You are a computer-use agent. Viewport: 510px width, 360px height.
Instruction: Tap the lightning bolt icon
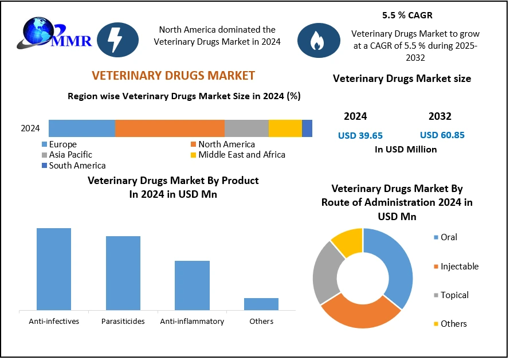(x=117, y=40)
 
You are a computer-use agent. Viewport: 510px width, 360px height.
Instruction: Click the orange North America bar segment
(x=170, y=128)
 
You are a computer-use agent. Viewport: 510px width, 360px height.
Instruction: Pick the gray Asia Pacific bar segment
(x=246, y=128)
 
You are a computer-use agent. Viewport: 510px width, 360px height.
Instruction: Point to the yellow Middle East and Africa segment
(x=285, y=128)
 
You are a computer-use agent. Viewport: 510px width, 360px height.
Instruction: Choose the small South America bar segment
(x=307, y=128)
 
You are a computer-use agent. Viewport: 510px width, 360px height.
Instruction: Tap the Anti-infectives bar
(x=54, y=269)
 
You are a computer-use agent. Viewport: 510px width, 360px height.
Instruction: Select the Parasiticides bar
(x=123, y=273)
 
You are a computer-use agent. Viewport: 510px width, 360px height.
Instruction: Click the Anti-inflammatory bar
(x=192, y=285)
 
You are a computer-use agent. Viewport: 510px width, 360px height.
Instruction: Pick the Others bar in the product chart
(x=261, y=304)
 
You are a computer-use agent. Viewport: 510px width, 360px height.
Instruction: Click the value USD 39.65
(x=360, y=136)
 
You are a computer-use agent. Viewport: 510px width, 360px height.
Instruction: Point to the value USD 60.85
(x=442, y=135)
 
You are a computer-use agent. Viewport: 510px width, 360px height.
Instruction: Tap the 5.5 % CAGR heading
(x=408, y=15)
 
